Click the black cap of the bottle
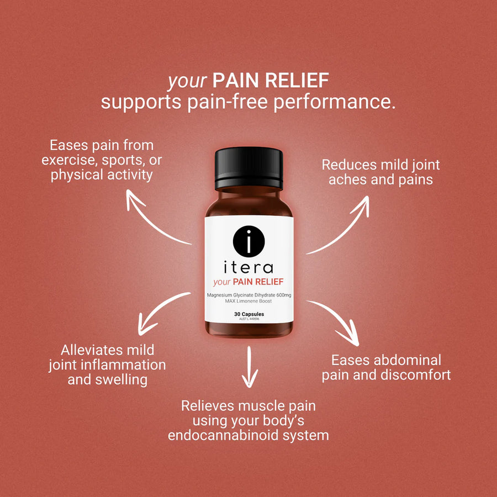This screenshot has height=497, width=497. [x=249, y=168]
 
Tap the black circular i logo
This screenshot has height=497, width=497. [x=249, y=241]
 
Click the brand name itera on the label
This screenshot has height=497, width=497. [x=248, y=267]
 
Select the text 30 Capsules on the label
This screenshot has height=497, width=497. [x=249, y=314]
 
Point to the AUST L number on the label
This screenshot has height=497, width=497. [x=249, y=319]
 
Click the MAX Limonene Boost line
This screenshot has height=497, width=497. [x=248, y=301]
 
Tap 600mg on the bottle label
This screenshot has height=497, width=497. [x=284, y=295]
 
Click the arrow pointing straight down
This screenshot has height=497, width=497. [x=250, y=367]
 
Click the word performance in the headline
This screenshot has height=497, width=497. [x=335, y=102]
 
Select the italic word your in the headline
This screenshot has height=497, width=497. [x=187, y=81]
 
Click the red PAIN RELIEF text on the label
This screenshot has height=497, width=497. [x=258, y=282]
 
